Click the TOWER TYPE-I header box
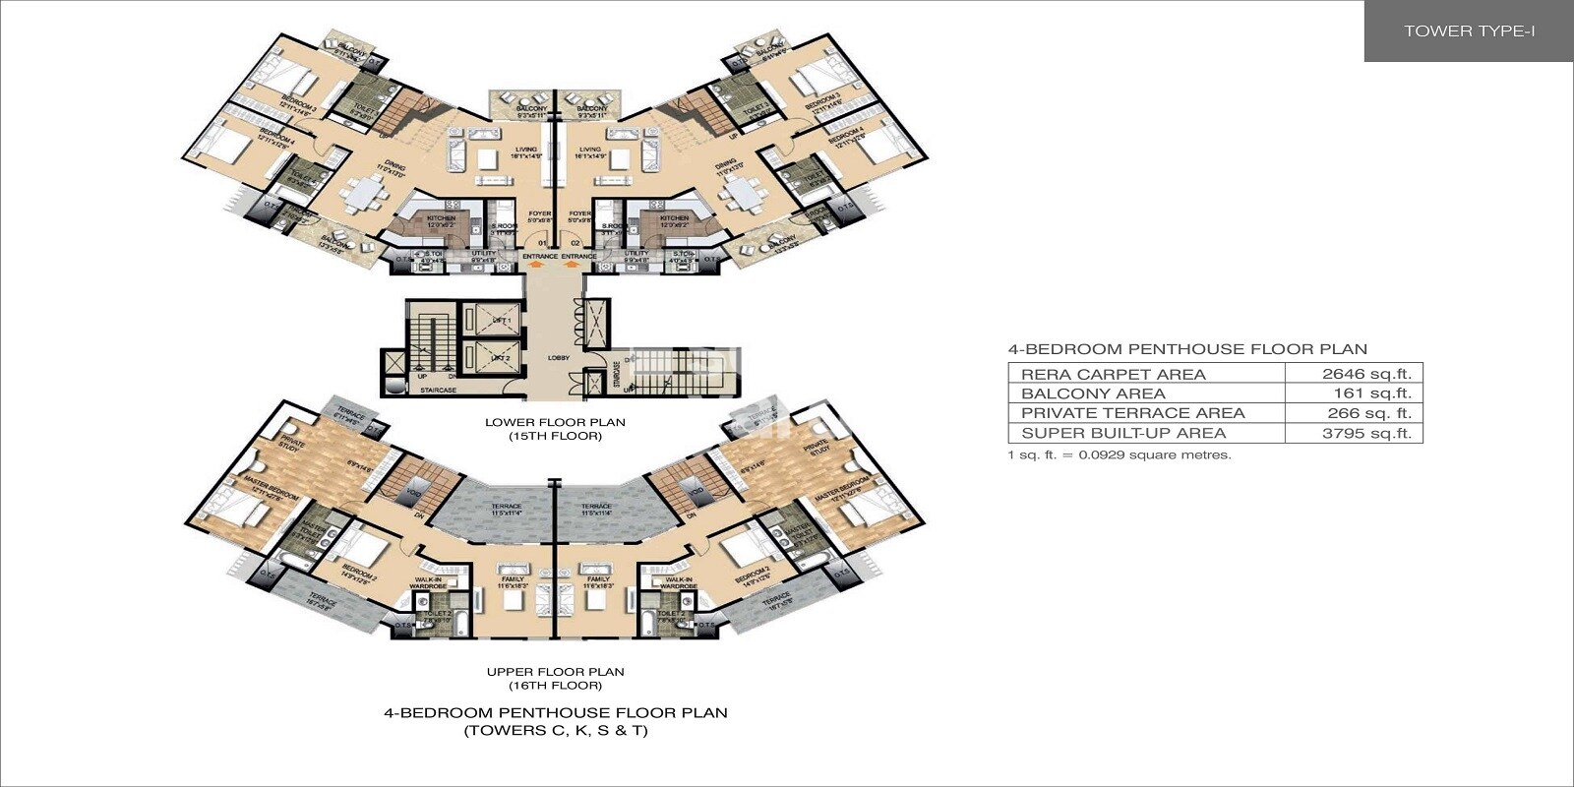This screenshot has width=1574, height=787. [x=1469, y=31]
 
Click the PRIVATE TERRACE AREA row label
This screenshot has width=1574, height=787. [x=1132, y=413]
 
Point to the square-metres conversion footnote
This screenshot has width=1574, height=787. [x=1119, y=455]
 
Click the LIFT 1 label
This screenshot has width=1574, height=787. [x=501, y=322]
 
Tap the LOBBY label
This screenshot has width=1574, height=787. [x=559, y=358]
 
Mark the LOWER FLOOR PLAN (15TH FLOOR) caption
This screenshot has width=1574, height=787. [x=555, y=429]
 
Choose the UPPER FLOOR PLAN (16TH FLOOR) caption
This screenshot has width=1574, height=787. [x=555, y=679]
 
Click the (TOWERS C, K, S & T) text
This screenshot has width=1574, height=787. [x=555, y=731]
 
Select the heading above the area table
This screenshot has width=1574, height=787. [x=1187, y=349]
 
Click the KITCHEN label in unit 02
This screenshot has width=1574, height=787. [x=674, y=218]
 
